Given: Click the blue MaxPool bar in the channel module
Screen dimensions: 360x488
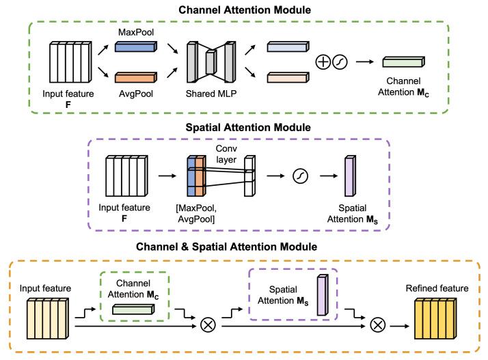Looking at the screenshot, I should (x=135, y=48).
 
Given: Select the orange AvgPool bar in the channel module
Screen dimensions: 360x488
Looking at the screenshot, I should (x=135, y=79).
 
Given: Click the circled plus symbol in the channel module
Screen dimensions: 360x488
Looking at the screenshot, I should (x=323, y=63).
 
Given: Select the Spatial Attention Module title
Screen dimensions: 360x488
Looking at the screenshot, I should (x=243, y=127).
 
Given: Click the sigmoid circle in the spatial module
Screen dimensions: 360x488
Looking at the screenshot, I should (x=300, y=177).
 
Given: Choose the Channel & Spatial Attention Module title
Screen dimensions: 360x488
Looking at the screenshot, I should (x=243, y=247).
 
